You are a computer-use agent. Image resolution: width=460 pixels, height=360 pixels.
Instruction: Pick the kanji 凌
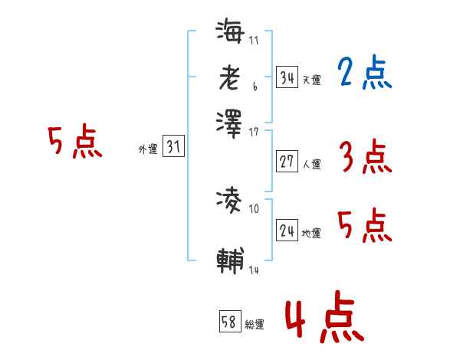[230, 201]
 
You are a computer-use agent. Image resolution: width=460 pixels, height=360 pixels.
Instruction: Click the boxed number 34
[287, 77]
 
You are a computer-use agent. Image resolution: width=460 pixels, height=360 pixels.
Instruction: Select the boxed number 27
[287, 162]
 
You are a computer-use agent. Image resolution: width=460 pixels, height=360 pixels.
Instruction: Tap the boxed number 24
[287, 230]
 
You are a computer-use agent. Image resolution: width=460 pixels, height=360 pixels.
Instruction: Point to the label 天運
[312, 80]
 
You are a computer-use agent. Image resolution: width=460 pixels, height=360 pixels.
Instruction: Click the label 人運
[312, 164]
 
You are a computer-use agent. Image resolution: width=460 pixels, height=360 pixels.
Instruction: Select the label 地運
[312, 233]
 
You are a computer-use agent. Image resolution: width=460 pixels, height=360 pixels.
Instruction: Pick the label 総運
[255, 325]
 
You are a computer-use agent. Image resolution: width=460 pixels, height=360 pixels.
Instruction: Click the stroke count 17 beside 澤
[254, 132]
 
